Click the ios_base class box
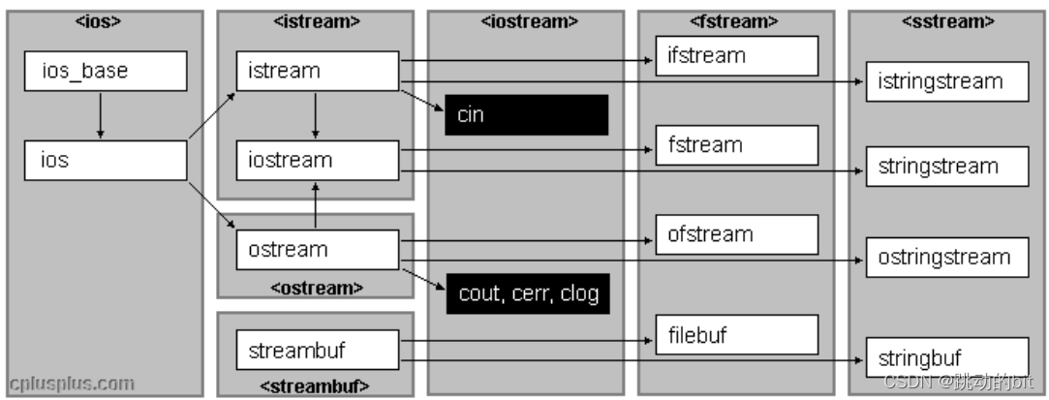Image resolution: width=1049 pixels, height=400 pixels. pos(105,71)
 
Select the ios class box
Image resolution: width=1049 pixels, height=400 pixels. pos(105,160)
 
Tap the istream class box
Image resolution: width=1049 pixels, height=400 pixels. pos(317,71)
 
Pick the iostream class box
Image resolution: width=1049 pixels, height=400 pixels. pos(317,160)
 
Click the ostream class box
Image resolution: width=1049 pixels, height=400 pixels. pos(317,249)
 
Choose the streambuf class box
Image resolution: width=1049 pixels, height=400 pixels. pos(317,349)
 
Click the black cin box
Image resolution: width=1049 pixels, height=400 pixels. pos(526,115)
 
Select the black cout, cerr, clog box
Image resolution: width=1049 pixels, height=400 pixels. pos(528,293)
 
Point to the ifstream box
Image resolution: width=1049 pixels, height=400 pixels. pos(736,55)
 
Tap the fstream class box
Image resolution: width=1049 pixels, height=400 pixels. pos(736,145)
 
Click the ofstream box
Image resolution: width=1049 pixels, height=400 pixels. pos(736,234)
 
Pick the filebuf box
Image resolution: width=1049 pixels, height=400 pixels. pos(736,335)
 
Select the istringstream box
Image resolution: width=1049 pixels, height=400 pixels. pos(946,81)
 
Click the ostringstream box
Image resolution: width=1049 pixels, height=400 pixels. pos(946,257)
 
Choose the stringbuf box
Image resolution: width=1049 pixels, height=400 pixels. pos(946,356)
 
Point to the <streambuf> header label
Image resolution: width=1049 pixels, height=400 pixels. pos(314,386)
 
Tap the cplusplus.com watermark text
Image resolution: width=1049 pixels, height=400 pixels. pos(73,384)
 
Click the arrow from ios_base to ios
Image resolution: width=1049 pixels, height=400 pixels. pos(101,115)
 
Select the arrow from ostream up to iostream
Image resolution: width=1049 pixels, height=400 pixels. pos(315,204)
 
